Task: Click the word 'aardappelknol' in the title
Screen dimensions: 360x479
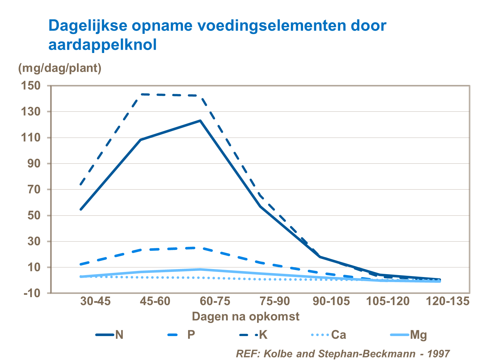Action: pyautogui.click(x=103, y=45)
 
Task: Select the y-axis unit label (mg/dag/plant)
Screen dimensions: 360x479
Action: pyautogui.click(x=60, y=68)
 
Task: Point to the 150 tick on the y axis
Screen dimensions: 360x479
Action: pyautogui.click(x=31, y=86)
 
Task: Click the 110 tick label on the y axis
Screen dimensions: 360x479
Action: pyautogui.click(x=31, y=138)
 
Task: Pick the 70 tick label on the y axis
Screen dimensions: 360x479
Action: pyautogui.click(x=34, y=189)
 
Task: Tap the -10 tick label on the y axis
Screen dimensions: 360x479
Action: pyautogui.click(x=32, y=293)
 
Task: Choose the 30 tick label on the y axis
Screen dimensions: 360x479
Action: pyautogui.click(x=34, y=241)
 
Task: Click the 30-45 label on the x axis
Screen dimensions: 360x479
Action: pyautogui.click(x=95, y=301)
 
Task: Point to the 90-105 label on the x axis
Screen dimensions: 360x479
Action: pyautogui.click(x=331, y=301)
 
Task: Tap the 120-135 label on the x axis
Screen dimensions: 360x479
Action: pyautogui.click(x=448, y=301)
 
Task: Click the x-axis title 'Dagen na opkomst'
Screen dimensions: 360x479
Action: pyautogui.click(x=246, y=317)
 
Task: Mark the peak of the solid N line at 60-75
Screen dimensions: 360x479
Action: pyautogui.click(x=200, y=121)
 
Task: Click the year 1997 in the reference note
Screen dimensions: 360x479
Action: pyautogui.click(x=438, y=354)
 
